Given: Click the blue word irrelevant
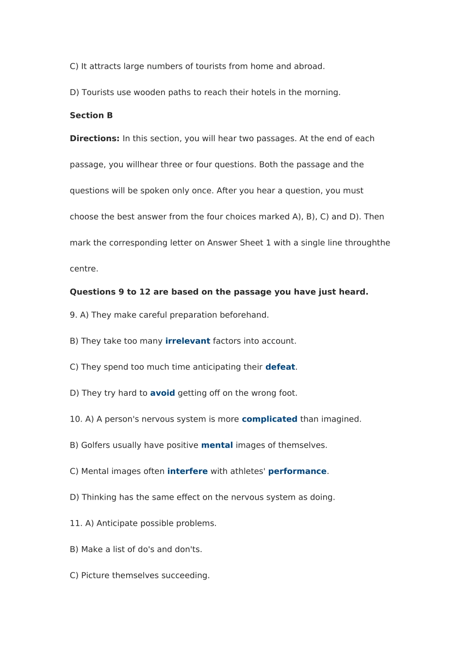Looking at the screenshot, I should pos(187,341).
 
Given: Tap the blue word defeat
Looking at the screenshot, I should pos(280,367).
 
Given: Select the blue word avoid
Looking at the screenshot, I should pos(162,393).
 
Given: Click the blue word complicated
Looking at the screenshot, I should pos(269,419).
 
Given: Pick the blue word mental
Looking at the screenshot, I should pos(217,445).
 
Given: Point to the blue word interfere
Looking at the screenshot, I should pos(187,472).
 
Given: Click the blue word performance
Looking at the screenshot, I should pos(297,472).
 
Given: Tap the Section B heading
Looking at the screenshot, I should pos(91,115).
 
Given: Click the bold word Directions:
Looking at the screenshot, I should pos(94,139).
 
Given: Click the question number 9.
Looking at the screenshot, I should pos(73,315).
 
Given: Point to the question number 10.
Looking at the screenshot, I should pos(76,419).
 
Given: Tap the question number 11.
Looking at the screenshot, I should pos(76,523).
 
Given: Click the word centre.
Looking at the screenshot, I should pos(83,269).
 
